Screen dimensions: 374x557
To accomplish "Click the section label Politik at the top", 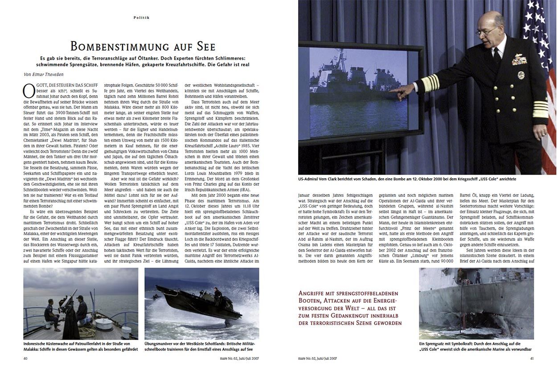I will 141,17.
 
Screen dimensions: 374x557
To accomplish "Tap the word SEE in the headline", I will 205,46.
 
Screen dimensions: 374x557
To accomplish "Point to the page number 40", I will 26,358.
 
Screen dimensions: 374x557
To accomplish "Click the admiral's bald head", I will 490,22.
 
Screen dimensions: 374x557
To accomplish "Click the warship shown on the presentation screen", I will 356,85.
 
